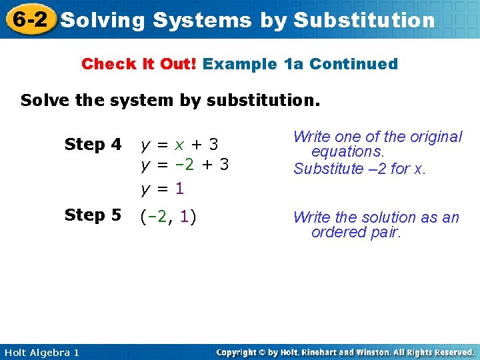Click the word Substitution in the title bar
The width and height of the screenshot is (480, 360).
click(x=364, y=21)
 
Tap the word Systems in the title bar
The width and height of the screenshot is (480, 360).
click(x=202, y=21)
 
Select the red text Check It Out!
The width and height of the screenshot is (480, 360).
click(x=139, y=64)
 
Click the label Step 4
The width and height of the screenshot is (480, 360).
click(x=93, y=145)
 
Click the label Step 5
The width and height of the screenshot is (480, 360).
click(x=93, y=215)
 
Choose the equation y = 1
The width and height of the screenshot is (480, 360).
click(x=161, y=189)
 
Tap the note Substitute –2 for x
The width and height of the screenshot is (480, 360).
click(x=359, y=169)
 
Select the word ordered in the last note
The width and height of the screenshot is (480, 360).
click(x=337, y=232)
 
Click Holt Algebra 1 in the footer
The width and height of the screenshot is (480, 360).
click(x=41, y=352)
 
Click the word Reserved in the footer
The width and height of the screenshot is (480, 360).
click(x=450, y=352)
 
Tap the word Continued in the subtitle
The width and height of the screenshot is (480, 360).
click(x=353, y=64)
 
